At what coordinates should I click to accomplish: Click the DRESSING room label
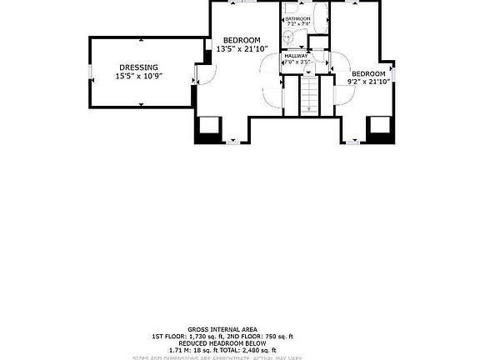pos(138,67)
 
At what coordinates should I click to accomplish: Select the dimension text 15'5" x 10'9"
pos(138,77)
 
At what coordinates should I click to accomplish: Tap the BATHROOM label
pos(297,18)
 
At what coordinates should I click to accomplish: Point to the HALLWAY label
pos(296,55)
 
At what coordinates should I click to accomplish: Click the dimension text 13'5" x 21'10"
pos(241,49)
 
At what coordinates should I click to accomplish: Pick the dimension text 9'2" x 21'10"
pos(368,82)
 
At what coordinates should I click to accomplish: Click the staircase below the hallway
pos(308,94)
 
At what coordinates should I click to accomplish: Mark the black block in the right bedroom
pos(380,127)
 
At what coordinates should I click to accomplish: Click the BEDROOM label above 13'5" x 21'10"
pos(242,40)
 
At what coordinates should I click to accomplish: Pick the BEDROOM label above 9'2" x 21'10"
pos(368,73)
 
